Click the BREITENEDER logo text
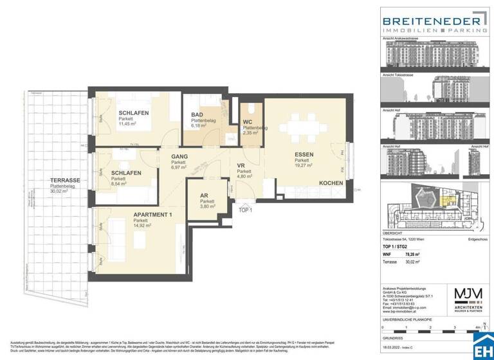click(x=432, y=21)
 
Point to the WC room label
click(x=247, y=122)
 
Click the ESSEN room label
click(x=305, y=155)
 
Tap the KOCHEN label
click(x=331, y=183)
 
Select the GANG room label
click(x=179, y=156)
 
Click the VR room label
click(x=241, y=165)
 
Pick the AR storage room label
click(x=204, y=197)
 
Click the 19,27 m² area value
click(x=304, y=165)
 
